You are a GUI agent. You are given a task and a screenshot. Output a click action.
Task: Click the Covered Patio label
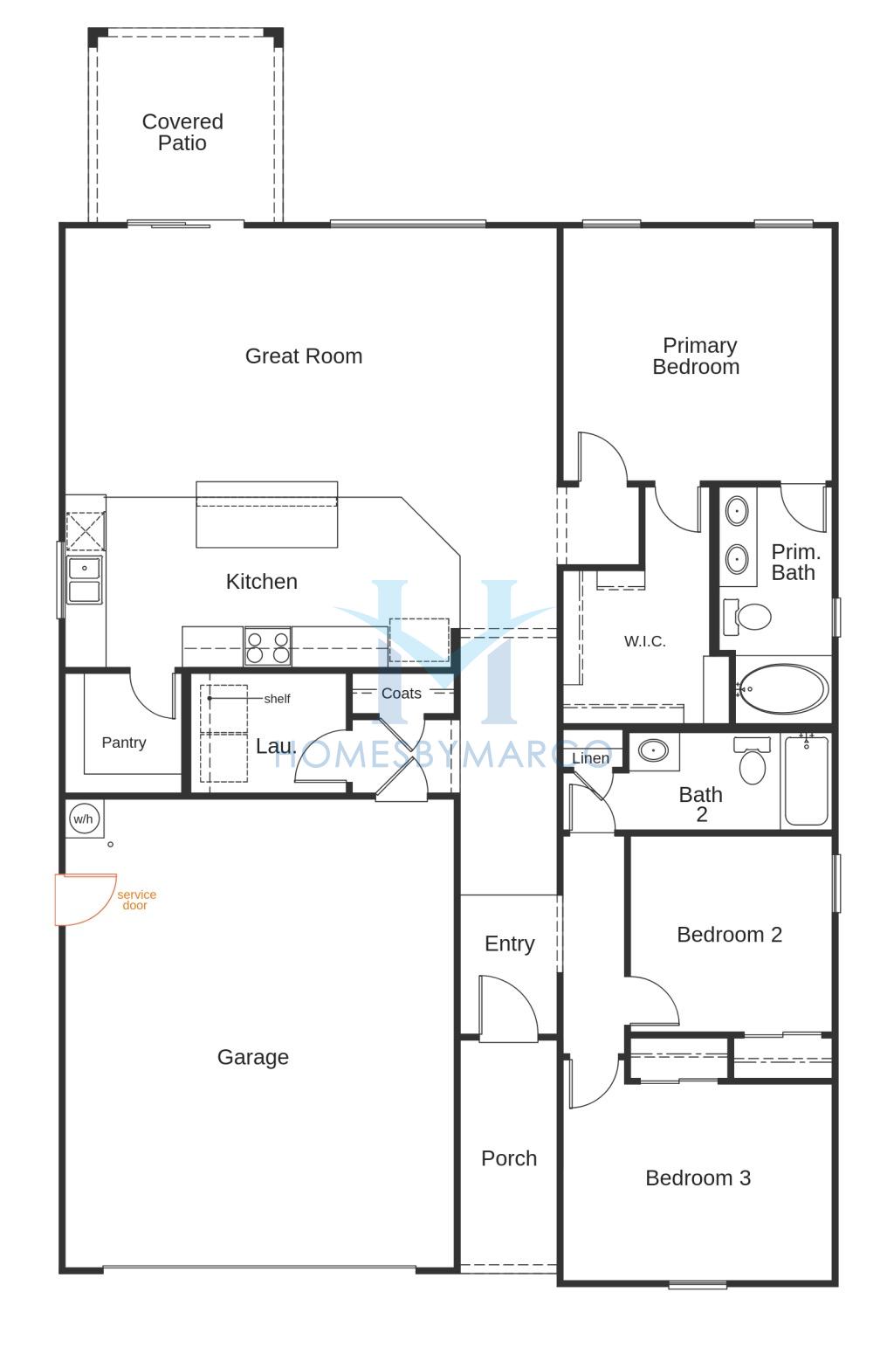182,132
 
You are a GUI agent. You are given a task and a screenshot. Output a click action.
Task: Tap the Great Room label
304,356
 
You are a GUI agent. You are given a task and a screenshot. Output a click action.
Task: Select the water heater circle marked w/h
84,819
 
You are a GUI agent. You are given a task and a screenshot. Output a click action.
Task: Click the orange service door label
136,900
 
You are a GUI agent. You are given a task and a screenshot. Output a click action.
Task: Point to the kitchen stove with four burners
267,646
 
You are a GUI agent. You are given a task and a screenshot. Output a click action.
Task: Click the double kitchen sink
84,580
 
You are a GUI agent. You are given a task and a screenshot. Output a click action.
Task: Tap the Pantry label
124,743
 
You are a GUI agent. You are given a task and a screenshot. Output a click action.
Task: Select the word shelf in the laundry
277,699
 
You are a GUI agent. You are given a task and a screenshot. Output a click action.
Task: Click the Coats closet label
402,694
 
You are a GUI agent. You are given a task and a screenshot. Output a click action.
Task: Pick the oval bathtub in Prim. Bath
783,688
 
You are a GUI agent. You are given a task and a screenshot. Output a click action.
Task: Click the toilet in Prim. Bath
747,617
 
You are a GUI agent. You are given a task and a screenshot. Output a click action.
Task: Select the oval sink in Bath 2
653,750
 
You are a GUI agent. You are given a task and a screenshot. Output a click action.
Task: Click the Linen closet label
590,758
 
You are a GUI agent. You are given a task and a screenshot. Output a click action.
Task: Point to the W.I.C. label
645,641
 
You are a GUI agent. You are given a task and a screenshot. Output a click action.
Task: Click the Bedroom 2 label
730,935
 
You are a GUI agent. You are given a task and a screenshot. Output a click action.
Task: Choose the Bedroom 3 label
698,1178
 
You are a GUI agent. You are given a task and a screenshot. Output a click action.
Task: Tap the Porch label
509,1158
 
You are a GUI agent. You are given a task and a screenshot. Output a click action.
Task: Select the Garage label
253,1057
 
